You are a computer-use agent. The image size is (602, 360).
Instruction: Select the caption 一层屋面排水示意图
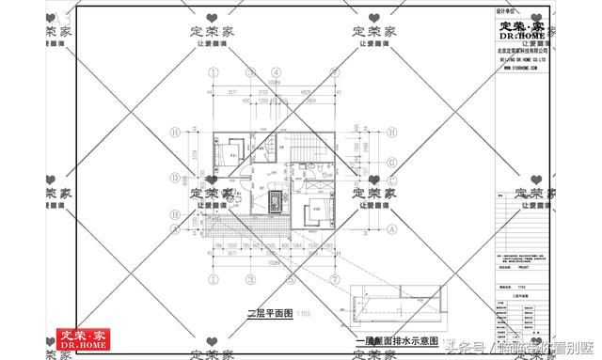coord(395,339)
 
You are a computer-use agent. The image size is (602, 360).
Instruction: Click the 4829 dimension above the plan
coord(307,91)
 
